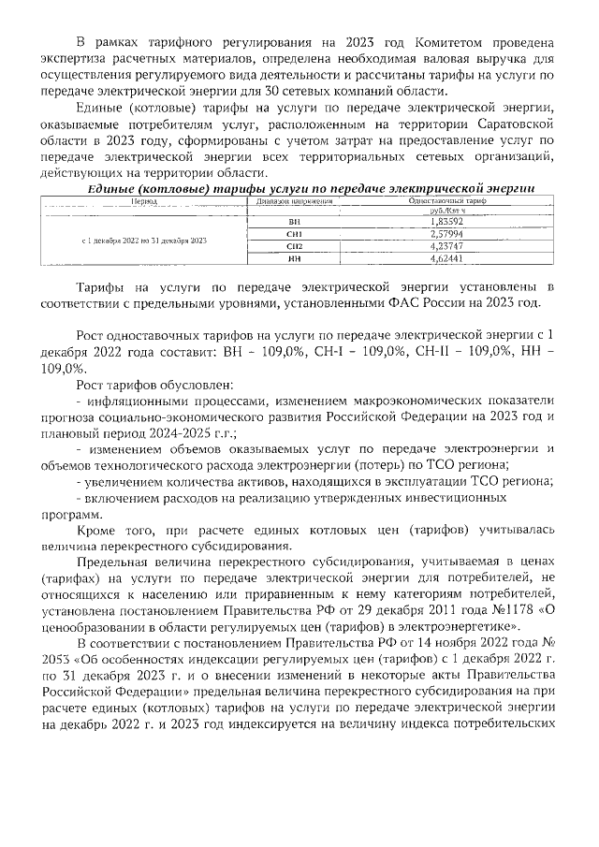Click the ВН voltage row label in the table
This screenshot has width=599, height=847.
point(296,220)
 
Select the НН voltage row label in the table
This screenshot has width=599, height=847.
point(296,256)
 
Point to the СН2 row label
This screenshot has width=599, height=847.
point(296,244)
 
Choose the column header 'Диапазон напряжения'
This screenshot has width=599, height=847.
point(296,200)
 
